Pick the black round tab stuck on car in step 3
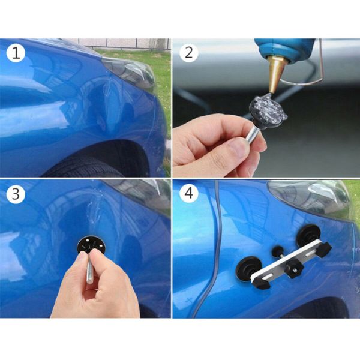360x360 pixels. point(90,244)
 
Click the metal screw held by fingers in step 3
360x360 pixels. point(89,267)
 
